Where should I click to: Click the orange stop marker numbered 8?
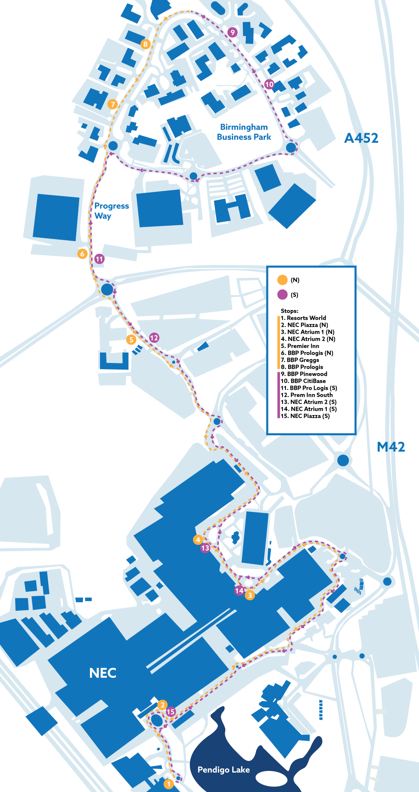(145, 44)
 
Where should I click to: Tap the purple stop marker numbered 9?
(233, 32)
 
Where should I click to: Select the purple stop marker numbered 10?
(269, 84)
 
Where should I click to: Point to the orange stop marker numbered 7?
(112, 104)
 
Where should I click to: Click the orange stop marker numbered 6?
(82, 254)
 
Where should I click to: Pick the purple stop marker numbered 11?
(99, 259)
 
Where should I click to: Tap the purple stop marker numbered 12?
(154, 338)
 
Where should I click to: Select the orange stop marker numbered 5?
(131, 340)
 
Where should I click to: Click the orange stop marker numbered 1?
(168, 784)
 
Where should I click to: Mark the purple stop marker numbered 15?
(171, 712)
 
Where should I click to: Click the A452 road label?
(361, 138)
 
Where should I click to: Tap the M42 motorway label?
(391, 447)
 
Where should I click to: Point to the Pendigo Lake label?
(223, 769)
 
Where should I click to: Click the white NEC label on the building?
(103, 673)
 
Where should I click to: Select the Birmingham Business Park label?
(244, 132)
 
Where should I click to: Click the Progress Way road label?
(111, 210)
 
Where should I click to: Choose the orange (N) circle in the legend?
(282, 280)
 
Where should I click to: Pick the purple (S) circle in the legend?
(282, 294)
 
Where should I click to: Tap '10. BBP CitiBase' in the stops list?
(303, 381)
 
